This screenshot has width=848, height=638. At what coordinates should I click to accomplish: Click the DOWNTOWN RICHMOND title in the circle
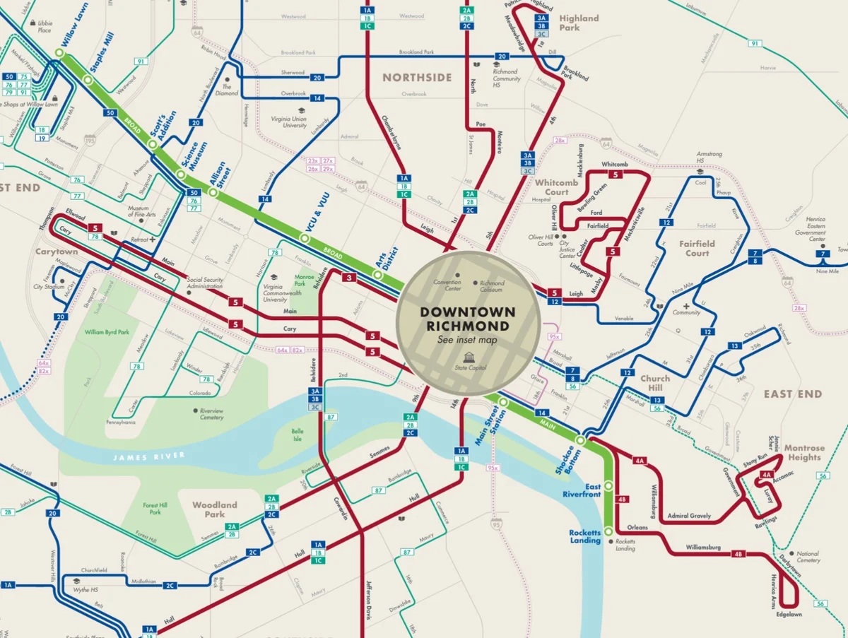[x=468, y=319]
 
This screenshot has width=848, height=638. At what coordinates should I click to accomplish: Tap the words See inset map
[x=468, y=340]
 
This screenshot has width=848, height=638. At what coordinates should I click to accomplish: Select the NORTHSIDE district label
[x=417, y=77]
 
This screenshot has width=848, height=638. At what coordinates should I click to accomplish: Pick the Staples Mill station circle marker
[x=88, y=81]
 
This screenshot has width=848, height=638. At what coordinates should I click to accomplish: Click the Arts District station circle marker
[x=379, y=276]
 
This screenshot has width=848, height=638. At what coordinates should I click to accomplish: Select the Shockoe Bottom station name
[x=565, y=461]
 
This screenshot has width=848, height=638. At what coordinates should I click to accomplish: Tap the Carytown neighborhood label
[x=57, y=252]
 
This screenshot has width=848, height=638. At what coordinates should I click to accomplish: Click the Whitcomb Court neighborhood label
[x=556, y=187]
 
